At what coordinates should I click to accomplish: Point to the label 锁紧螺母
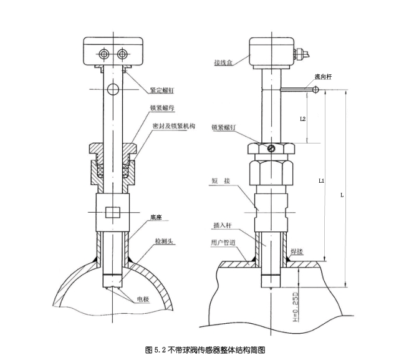tap(161, 107)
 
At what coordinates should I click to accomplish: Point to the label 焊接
tap(297, 254)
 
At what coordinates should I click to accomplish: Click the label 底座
tap(156, 218)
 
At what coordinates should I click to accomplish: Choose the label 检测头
tap(165, 240)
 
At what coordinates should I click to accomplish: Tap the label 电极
tap(143, 299)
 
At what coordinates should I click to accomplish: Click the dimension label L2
tap(302, 118)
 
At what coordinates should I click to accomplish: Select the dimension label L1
tap(320, 180)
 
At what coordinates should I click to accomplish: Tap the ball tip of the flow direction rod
tap(317, 90)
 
